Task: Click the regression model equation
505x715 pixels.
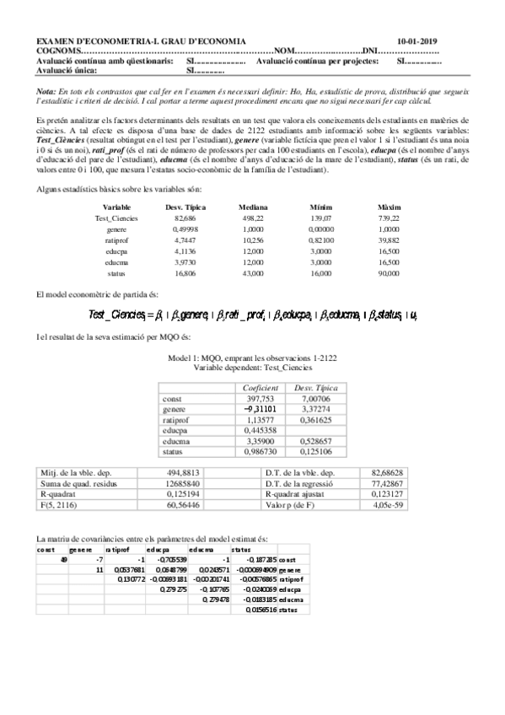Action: point(254,314)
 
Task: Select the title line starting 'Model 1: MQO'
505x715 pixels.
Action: point(253,357)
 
